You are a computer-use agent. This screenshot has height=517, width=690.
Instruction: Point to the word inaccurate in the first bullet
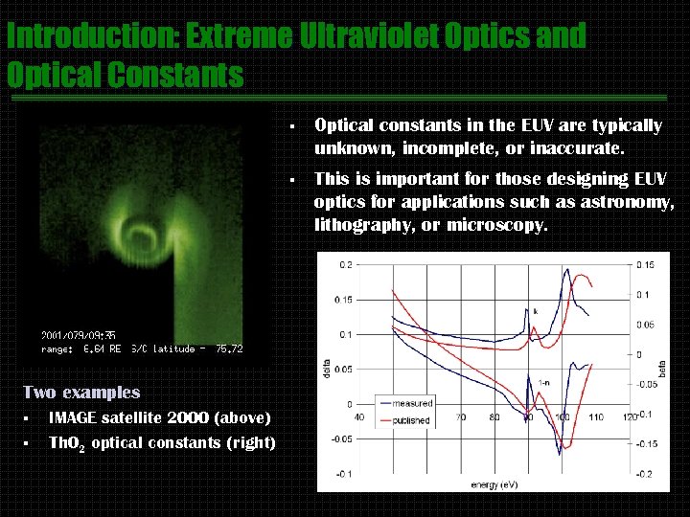[x=574, y=148]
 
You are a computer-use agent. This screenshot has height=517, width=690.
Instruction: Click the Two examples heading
[x=81, y=392]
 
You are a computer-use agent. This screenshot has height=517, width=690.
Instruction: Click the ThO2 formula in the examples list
[x=67, y=443]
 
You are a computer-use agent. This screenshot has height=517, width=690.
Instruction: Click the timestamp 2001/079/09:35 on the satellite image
[x=79, y=335]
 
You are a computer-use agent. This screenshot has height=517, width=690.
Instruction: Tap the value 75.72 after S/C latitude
[x=229, y=348]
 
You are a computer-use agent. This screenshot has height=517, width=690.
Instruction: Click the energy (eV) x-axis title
[x=494, y=484]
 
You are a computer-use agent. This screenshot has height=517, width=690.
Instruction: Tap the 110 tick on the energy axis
[x=597, y=417]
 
